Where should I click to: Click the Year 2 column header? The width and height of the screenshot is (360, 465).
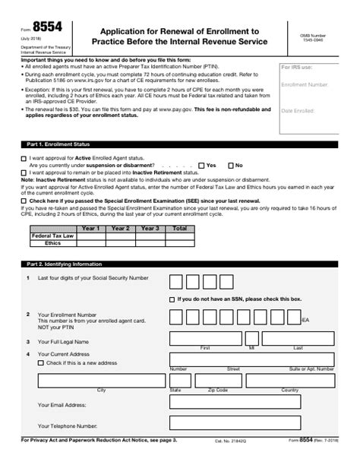coord(119,228)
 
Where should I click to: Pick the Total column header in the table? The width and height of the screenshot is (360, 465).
coord(179,228)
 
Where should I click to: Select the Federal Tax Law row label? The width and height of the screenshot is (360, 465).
coord(52,236)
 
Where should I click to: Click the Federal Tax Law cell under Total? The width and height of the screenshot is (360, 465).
coord(179,236)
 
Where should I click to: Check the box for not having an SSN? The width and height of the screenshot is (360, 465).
coord(172,299)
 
